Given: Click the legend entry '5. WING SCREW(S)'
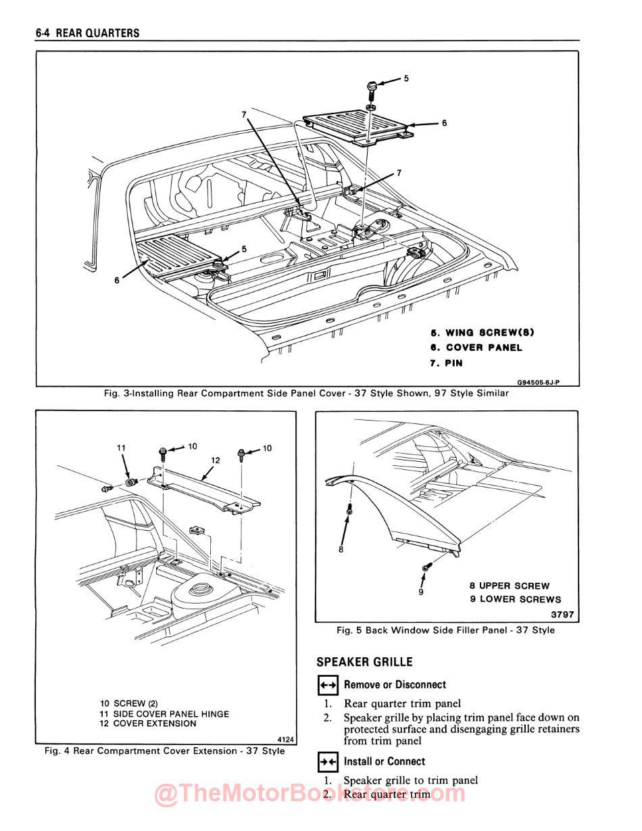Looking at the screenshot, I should point(483,333).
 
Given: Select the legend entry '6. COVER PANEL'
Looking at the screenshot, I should point(476,348).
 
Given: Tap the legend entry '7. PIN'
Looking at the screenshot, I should point(447,363).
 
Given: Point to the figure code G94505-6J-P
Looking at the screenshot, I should point(538,382).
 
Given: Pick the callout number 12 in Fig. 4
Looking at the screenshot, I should point(216,460).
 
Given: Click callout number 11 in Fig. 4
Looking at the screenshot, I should point(121,448).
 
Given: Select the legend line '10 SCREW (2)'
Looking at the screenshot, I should point(128,704).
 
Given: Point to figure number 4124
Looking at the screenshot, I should point(287,739).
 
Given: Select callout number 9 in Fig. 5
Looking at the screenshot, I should point(420,592).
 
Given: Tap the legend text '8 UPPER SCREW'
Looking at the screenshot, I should point(510,586).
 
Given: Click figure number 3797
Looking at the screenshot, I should point(562,615).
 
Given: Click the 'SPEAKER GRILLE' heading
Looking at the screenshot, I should point(364,662).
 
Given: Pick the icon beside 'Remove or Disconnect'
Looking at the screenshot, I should point(327,685).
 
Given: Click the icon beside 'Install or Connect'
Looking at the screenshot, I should point(327,762).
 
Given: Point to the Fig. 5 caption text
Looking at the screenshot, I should point(445,630).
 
